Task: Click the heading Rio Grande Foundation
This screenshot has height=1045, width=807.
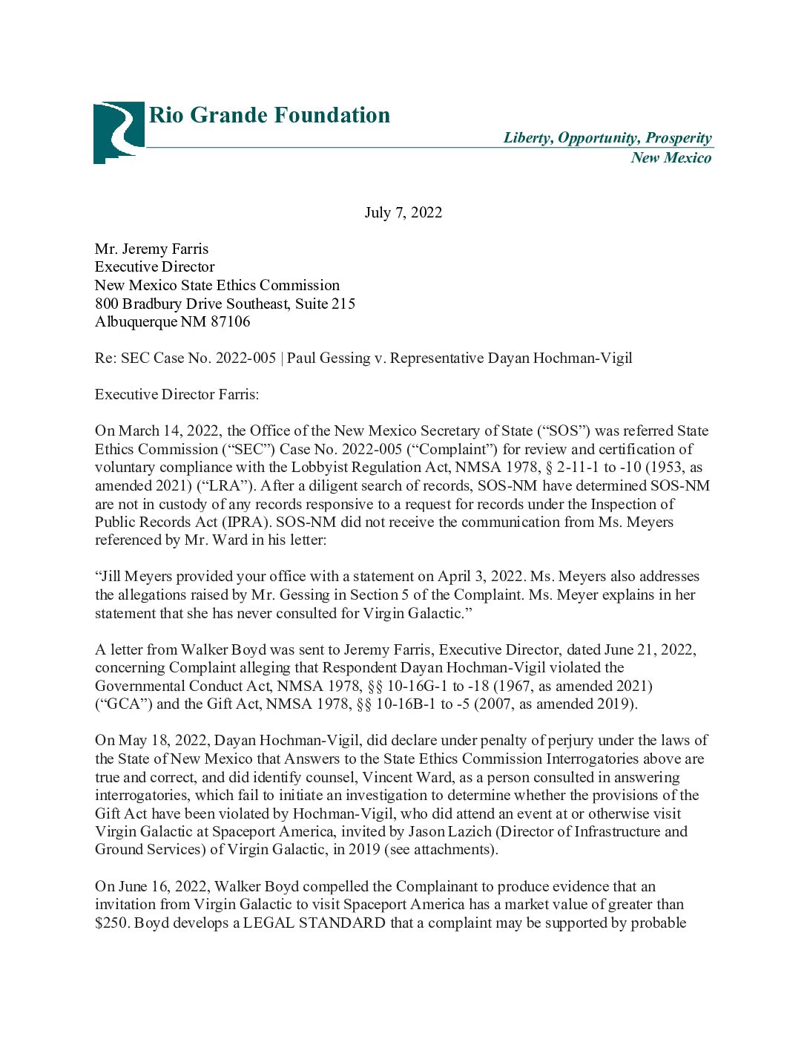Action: [x=269, y=115]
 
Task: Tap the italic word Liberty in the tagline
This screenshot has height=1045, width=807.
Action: [x=527, y=138]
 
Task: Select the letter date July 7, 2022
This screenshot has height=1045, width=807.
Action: [x=403, y=213]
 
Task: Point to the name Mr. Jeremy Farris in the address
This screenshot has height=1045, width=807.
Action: [x=151, y=249]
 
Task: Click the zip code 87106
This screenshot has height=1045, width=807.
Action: [x=231, y=321]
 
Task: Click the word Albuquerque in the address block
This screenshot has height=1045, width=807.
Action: [x=136, y=321]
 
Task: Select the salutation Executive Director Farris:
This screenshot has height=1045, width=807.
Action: [x=177, y=394]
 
